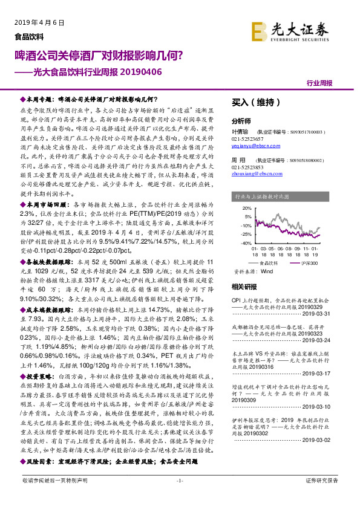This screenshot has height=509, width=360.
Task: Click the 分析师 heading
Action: [241, 121]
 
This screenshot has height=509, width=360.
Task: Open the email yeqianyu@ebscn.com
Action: [254, 146]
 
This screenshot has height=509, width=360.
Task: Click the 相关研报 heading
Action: [244, 287]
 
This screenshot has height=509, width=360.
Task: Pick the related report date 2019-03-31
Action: [330, 314]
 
